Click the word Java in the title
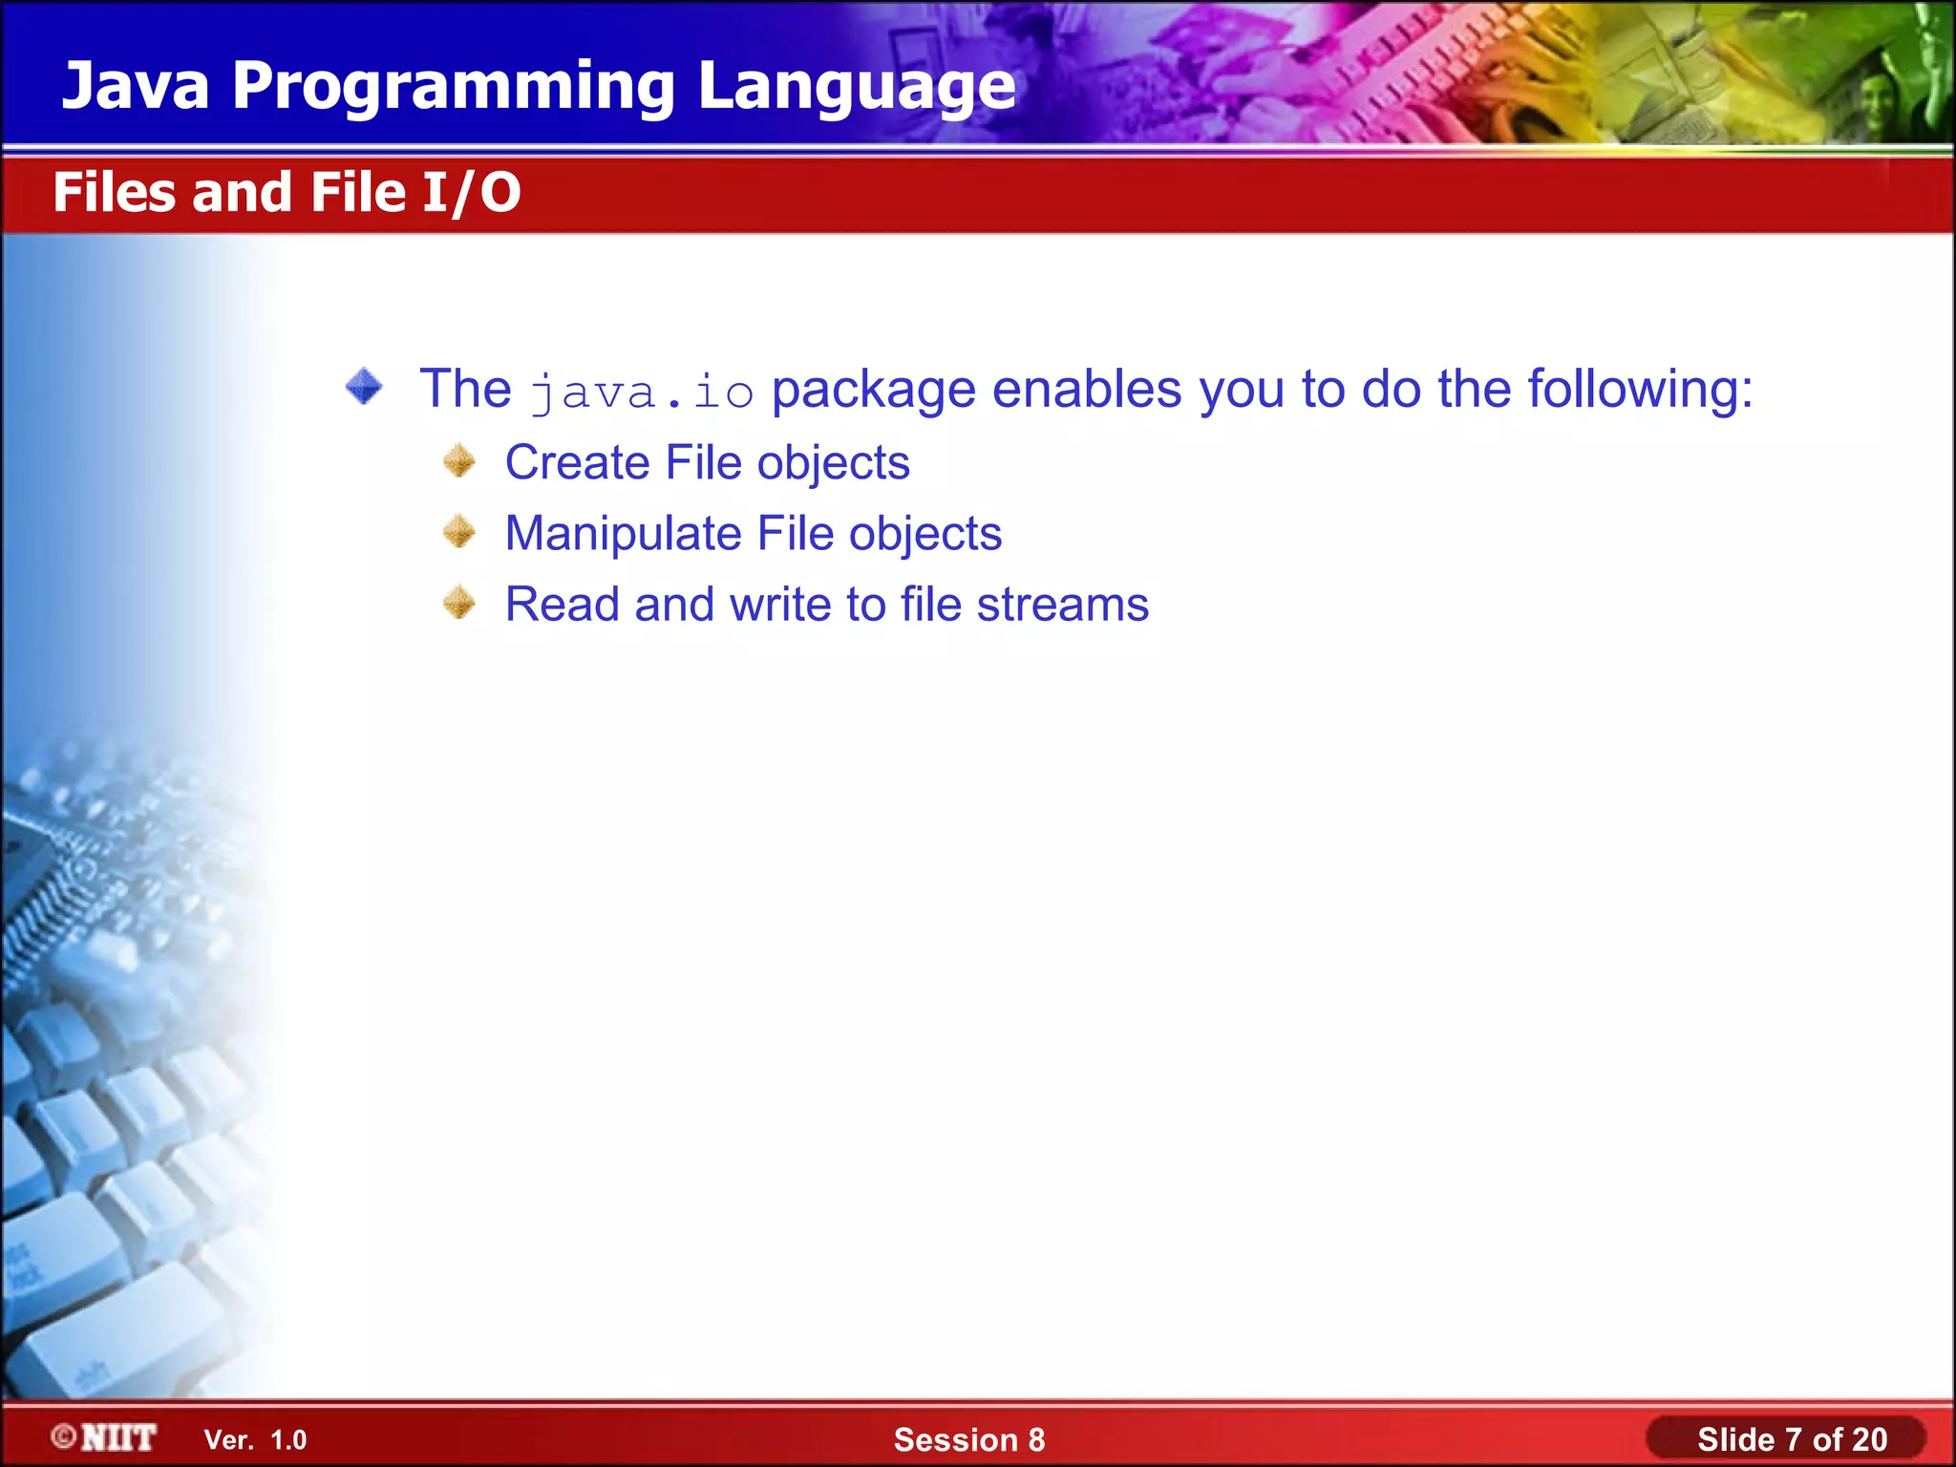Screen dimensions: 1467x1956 click(x=136, y=86)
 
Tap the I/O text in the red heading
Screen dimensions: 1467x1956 click(x=472, y=193)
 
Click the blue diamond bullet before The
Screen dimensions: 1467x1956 click(x=364, y=387)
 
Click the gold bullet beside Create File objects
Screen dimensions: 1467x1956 click(x=459, y=461)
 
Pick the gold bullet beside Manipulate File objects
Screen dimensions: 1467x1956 click(x=459, y=532)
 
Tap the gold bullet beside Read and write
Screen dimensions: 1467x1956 click(x=459, y=603)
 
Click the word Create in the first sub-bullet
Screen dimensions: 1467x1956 click(x=577, y=463)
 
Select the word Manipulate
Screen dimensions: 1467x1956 click(x=623, y=534)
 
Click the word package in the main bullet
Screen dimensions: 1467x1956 click(x=873, y=391)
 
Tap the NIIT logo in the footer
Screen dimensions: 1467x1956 click(x=105, y=1437)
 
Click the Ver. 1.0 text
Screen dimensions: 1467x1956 click(x=255, y=1439)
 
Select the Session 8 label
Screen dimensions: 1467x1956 click(x=968, y=1439)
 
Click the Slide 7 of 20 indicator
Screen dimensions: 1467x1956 click(x=1791, y=1439)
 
